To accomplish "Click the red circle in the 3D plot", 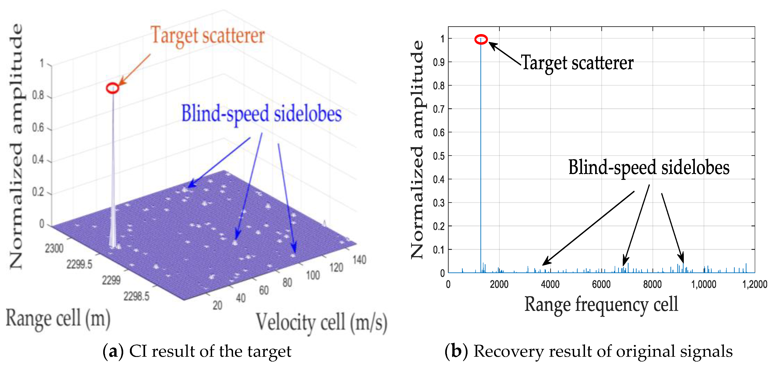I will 113,88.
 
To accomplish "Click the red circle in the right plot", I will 481,39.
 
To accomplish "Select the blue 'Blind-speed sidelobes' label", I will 261,114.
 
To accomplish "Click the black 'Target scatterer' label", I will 577,63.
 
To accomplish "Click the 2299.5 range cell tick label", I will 79,264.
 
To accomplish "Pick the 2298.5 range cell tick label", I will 136,296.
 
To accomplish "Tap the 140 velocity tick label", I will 359,260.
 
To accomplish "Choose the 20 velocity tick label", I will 217,305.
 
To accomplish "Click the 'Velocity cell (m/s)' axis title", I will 321,323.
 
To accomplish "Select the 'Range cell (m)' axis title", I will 58,318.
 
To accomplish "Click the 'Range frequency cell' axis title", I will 601,304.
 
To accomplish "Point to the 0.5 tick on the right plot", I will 439,156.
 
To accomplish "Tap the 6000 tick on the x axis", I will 601,284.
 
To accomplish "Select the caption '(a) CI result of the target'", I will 197,351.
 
